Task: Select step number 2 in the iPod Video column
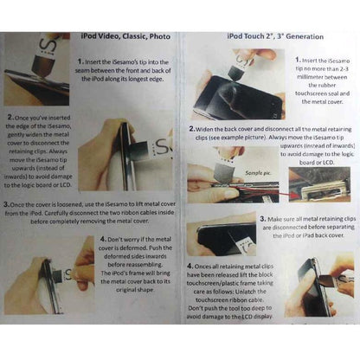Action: click(x=9, y=115)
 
